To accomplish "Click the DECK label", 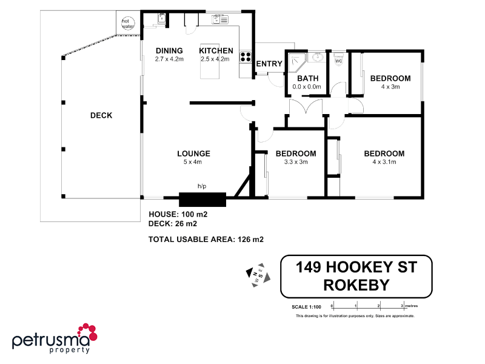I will [101, 115].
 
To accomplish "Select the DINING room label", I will [169, 50].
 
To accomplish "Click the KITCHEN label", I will [216, 50].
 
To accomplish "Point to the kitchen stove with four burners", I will [246, 58].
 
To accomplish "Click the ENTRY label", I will [269, 64].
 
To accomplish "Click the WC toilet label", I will [338, 61].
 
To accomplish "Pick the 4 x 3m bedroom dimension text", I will [390, 87].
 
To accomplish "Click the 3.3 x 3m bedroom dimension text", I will [296, 162].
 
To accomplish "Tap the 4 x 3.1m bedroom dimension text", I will [384, 162].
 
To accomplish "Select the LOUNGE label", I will [193, 153].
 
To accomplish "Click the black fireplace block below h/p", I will [202, 200].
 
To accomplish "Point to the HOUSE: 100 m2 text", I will [178, 215].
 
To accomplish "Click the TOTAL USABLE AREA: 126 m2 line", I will [206, 240].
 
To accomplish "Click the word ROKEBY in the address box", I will [356, 284].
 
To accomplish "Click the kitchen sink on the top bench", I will [219, 19].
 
